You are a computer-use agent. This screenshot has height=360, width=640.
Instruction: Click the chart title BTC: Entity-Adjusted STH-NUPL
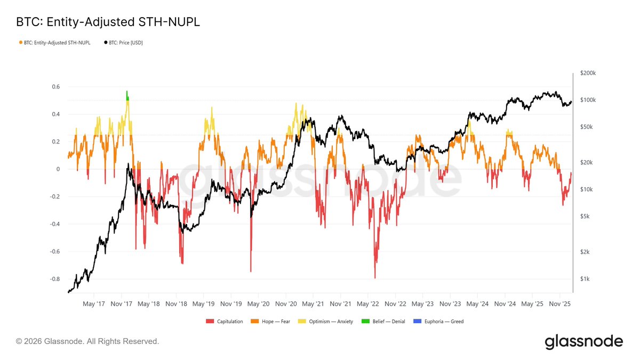pyautogui.click(x=108, y=22)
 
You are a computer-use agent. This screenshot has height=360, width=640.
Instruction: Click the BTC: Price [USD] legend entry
pyautogui.click(x=123, y=42)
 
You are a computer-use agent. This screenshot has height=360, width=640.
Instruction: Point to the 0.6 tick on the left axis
pyautogui.click(x=56, y=87)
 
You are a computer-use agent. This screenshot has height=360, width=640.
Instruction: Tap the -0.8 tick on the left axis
pyautogui.click(x=54, y=279)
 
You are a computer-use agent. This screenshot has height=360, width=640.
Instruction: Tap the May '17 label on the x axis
pyautogui.click(x=93, y=303)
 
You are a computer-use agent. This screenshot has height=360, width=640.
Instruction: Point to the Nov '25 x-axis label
pyautogui.click(x=559, y=303)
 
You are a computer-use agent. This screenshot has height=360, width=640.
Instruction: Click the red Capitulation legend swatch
pyautogui.click(x=209, y=322)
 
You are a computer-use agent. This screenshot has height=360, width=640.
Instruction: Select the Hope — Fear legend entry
pyautogui.click(x=273, y=322)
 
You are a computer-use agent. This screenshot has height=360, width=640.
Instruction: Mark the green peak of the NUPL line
pyautogui.click(x=127, y=93)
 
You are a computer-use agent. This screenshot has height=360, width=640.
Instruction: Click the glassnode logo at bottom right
pyautogui.click(x=583, y=342)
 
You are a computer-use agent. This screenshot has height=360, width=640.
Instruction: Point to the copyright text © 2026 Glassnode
pyautogui.click(x=87, y=341)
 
